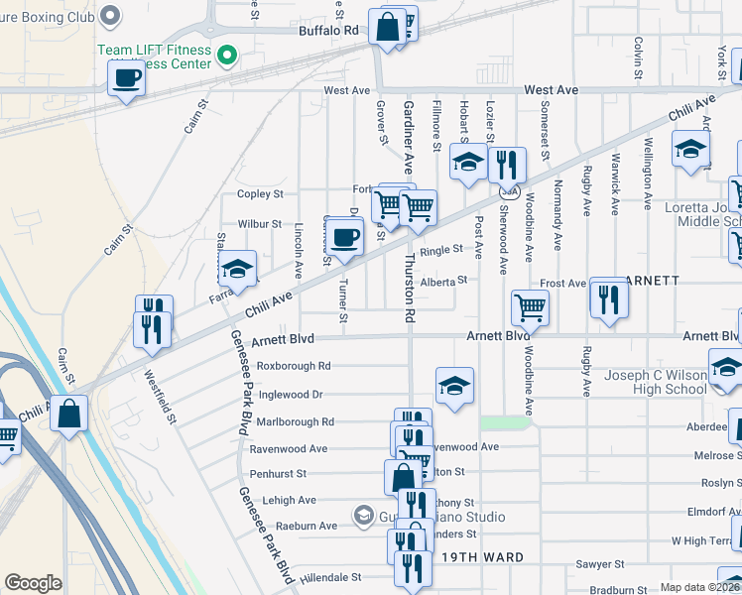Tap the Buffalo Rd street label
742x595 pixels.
coord(328,31)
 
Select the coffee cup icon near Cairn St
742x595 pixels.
coord(126,78)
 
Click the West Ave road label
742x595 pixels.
coord(346,90)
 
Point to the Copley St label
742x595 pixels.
coord(260,194)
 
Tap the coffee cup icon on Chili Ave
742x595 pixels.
coord(345,239)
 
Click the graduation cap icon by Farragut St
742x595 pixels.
coord(237,270)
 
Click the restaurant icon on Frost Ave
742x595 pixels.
coord(608,298)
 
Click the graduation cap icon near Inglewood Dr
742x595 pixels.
coord(453,387)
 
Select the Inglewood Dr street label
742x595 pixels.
coord(291,394)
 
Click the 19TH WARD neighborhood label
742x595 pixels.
coord(483,557)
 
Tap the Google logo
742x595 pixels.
coord(33,583)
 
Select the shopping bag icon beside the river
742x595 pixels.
coord(68,416)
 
